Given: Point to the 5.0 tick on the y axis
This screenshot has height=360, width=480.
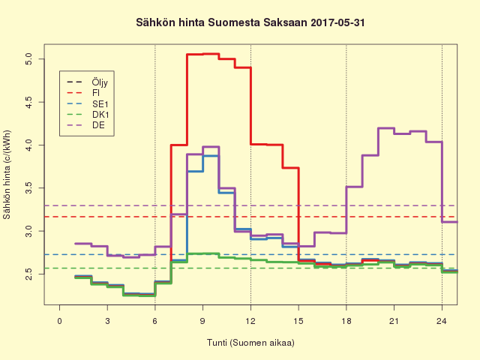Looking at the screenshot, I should pos(28,58).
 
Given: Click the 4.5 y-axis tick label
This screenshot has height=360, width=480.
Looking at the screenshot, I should pos(28,101).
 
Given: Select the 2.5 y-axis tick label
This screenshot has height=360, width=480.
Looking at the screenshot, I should pos(28,275).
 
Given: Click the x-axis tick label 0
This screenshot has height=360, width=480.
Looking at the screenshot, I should pos(60,321).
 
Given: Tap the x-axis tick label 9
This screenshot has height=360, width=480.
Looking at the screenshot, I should pos(202,321).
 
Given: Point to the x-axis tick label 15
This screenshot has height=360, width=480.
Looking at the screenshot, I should pos(298,321).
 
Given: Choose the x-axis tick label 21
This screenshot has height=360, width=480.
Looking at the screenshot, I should pos(394,321).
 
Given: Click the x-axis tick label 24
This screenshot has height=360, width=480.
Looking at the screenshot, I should pos(442,321).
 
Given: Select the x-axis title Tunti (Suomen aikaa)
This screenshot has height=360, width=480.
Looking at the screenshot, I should pos(250,343).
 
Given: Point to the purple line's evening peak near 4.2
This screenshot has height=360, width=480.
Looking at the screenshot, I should pos(386,128).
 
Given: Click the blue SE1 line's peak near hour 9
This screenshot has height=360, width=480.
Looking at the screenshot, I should pos(211,155).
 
